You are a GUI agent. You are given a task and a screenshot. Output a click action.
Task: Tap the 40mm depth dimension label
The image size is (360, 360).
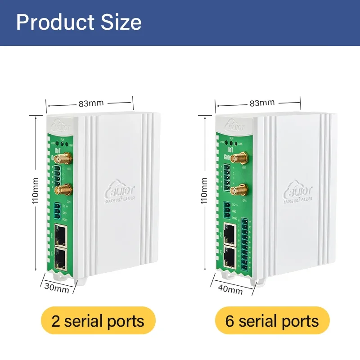(230, 289)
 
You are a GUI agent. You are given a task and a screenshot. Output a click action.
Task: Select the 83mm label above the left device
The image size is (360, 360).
(91, 103)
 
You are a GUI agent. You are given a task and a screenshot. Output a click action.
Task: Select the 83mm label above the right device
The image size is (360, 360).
(262, 103)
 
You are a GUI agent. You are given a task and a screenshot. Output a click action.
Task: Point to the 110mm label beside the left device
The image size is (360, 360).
(35, 192)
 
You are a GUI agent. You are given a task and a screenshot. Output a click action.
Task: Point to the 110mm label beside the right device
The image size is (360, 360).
(204, 192)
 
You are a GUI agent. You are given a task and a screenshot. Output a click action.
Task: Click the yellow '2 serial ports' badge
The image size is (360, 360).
(98, 321)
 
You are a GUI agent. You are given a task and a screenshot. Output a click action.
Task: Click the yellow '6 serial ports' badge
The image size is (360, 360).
(272, 321)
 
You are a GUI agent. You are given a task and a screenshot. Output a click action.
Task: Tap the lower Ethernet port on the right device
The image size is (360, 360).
(229, 256)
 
